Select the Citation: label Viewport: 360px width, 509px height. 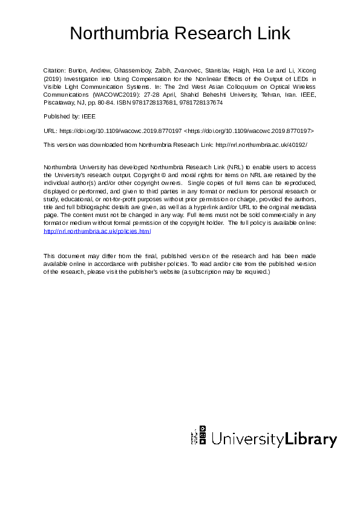[55, 70]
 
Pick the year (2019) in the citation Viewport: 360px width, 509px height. [53, 79]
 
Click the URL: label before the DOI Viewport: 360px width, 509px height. [50, 130]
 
